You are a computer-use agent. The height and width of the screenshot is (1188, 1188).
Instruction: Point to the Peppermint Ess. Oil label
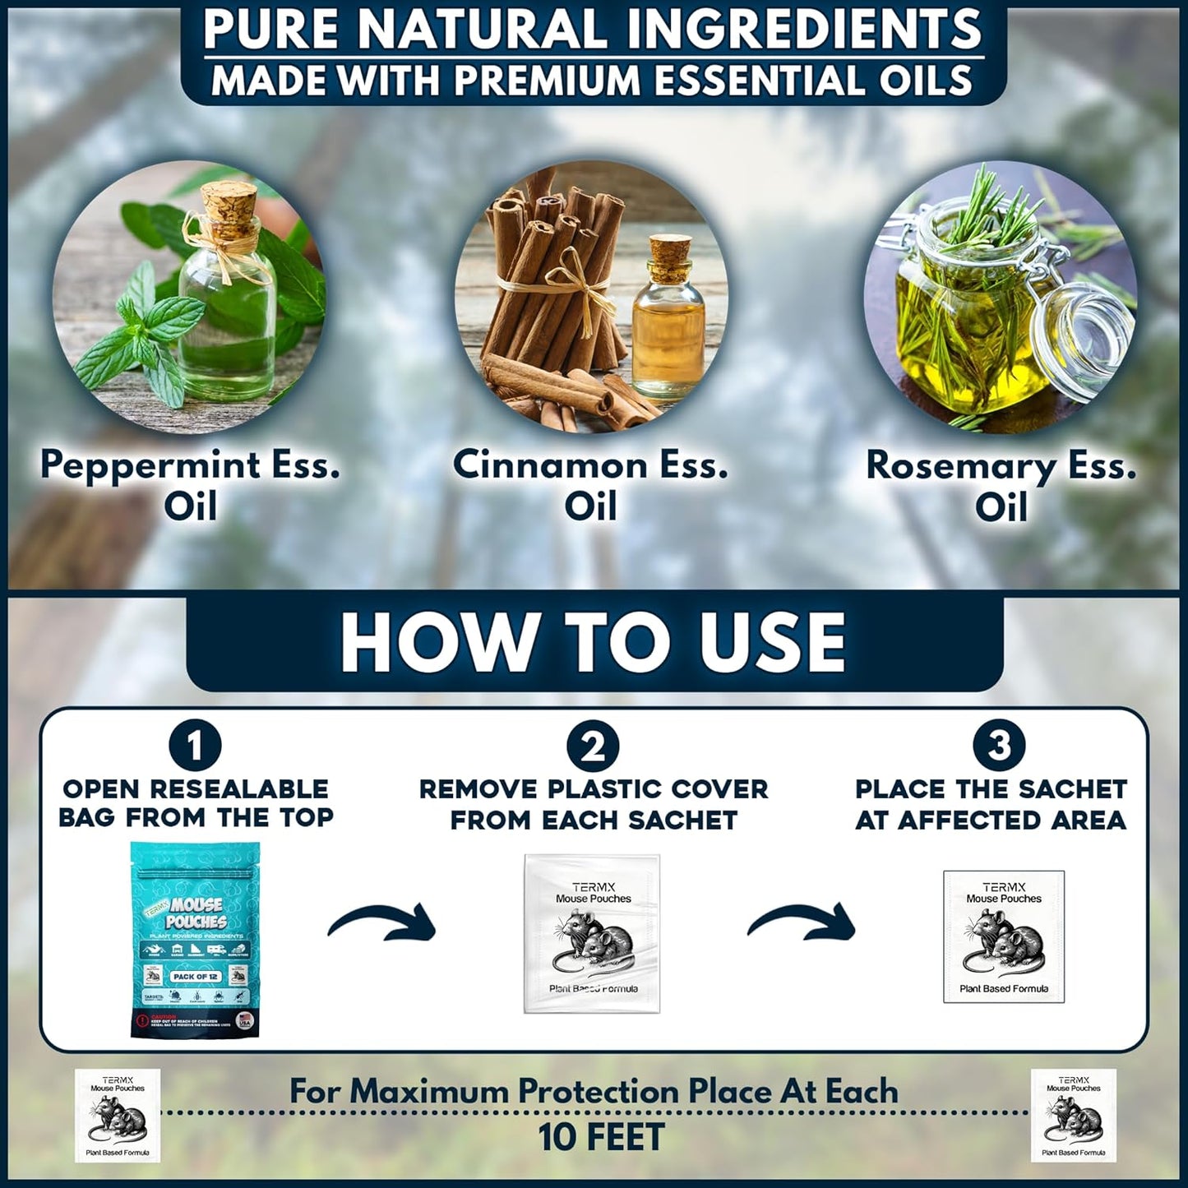[x=190, y=486]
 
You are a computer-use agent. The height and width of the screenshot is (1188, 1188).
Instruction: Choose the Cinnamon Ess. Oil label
[x=590, y=486]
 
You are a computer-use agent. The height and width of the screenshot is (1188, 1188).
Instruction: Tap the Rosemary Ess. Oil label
[x=1001, y=486]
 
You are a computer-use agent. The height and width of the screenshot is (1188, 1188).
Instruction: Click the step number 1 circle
[x=196, y=747]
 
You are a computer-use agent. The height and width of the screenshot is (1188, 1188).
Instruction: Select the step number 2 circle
[x=593, y=747]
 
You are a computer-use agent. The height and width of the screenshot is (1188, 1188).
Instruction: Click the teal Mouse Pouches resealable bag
[x=196, y=939]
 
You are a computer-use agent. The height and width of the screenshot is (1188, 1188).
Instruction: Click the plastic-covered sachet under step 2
[x=592, y=934]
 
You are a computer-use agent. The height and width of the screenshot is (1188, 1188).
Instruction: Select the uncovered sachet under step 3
[x=1003, y=936]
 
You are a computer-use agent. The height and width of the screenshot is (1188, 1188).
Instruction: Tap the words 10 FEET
[x=601, y=1138]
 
